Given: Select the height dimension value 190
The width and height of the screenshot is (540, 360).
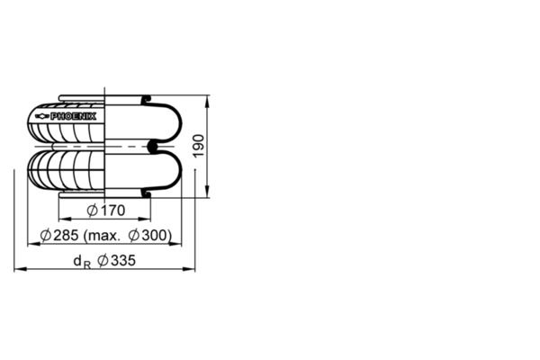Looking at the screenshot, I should click(200, 145).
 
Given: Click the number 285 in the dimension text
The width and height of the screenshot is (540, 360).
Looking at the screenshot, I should click(66, 236).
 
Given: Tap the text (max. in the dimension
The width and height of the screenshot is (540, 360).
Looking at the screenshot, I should click(103, 236).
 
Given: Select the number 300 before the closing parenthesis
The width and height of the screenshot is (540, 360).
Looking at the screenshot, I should click(155, 236).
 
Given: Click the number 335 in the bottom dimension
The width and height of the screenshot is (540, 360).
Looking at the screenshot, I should click(122, 261).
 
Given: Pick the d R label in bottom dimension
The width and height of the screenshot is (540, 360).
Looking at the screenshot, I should click(82, 262).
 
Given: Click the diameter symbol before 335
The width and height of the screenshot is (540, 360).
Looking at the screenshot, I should click(102, 261).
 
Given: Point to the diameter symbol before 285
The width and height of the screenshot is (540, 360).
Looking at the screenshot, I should click(44, 236).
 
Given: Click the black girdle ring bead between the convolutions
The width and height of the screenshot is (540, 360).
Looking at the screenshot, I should click(151, 144).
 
